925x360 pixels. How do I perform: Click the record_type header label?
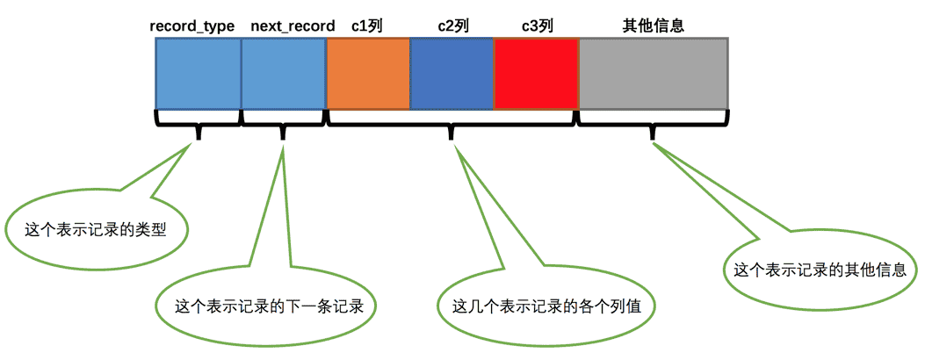click(x=192, y=26)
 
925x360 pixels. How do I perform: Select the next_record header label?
click(x=293, y=26)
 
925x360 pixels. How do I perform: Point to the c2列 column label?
click(x=452, y=26)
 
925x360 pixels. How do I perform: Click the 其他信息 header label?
click(x=653, y=26)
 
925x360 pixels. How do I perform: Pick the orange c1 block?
click(x=368, y=74)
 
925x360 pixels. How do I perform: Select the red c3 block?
click(x=536, y=74)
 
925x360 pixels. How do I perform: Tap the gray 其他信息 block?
click(x=653, y=74)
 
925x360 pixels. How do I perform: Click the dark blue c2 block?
click(x=452, y=74)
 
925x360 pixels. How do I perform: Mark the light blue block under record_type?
click(x=199, y=74)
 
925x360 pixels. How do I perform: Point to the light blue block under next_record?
click(x=284, y=74)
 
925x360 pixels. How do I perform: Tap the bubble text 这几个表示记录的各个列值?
click(x=546, y=306)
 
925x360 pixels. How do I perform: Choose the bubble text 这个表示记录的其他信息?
click(x=820, y=270)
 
